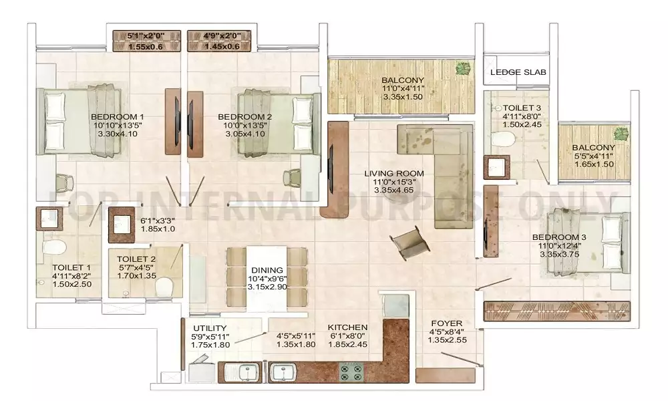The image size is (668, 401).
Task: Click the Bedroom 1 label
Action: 117,117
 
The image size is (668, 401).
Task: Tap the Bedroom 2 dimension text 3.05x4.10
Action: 245,134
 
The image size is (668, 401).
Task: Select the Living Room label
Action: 394,174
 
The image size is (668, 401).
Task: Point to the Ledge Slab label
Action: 518,72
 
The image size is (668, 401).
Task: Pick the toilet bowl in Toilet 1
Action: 54,247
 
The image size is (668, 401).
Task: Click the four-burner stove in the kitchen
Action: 351,372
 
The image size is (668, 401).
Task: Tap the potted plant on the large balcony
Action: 463,68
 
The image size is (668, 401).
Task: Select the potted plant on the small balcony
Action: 621,134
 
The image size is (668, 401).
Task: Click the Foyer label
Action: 446,323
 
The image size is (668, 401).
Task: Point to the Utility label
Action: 210,328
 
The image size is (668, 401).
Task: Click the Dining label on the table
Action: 267,270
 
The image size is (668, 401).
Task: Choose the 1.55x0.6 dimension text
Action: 146,47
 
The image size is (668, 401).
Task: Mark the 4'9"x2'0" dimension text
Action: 220,36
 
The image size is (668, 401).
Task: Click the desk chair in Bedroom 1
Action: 64,182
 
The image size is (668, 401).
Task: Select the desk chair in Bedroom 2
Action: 293,177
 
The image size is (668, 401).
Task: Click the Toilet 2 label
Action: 136,259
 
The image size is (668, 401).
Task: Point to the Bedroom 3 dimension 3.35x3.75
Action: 559,254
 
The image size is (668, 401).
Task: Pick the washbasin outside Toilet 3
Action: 497,167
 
